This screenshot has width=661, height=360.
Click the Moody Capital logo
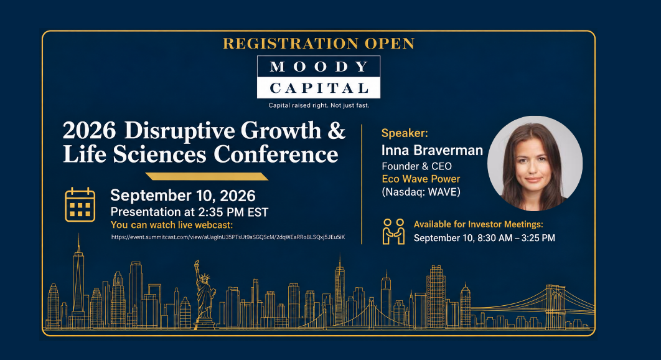point(319,77)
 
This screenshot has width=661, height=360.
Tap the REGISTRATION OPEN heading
point(319,44)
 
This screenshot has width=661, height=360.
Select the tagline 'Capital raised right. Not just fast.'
point(319,105)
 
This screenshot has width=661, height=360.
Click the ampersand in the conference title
point(336,130)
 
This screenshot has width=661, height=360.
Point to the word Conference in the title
point(276,154)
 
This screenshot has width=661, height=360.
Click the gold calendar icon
point(80,205)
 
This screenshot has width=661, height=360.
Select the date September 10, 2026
point(183,196)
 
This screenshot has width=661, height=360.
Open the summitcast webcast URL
point(228,237)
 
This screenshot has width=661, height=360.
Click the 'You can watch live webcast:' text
point(172,225)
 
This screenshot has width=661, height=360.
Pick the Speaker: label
point(405,133)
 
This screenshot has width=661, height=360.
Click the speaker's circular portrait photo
point(535,163)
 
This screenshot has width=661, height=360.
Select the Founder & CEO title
point(416,166)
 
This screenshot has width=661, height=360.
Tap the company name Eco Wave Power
point(421,179)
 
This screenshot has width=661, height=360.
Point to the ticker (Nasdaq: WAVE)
point(421,192)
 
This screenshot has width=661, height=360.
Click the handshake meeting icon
point(394,231)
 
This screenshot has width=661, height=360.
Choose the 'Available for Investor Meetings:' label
point(479,224)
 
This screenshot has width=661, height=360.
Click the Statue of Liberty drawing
point(204,294)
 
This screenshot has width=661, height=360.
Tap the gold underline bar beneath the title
point(207,176)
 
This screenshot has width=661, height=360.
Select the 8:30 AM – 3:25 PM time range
point(516,238)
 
